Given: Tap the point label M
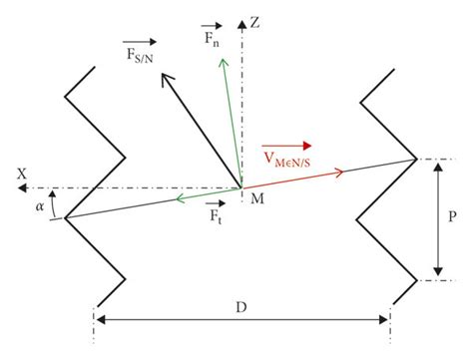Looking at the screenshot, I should tap(256, 200).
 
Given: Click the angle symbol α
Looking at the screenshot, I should tap(39, 206).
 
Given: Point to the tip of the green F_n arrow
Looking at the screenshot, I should tap(219, 56).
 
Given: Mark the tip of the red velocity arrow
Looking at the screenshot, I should tap(343, 173).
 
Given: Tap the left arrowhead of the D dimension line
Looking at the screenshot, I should tap(101, 319).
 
